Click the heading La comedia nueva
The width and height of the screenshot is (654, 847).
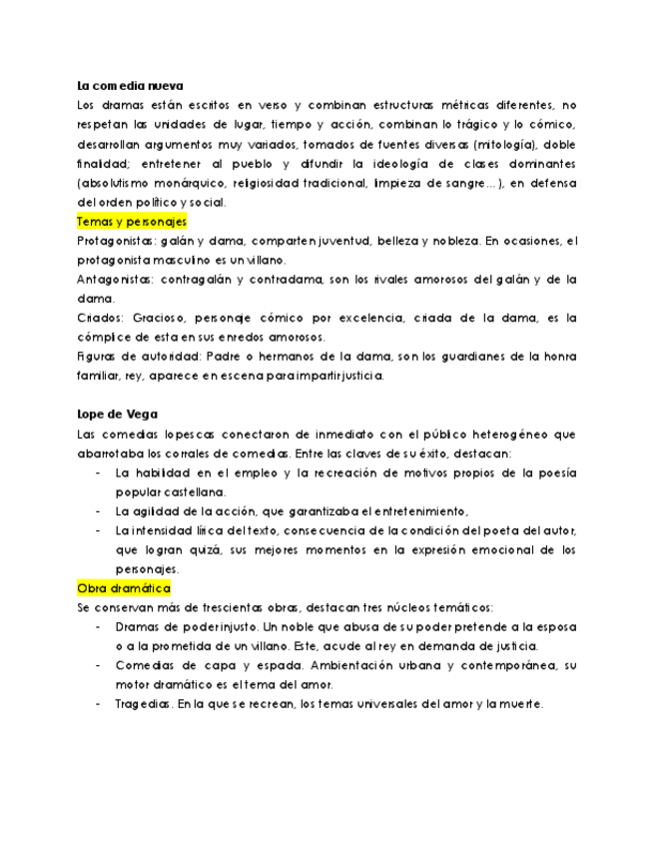coord(130,86)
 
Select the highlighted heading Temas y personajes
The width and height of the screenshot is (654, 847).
coord(132,221)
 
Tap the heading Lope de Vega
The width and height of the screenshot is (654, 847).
coord(117,414)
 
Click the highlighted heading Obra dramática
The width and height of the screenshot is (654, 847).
coord(125,588)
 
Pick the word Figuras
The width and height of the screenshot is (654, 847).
coord(97,357)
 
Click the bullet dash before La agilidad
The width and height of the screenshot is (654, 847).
coord(98,510)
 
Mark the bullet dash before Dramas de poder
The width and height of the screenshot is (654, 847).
coord(98,627)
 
